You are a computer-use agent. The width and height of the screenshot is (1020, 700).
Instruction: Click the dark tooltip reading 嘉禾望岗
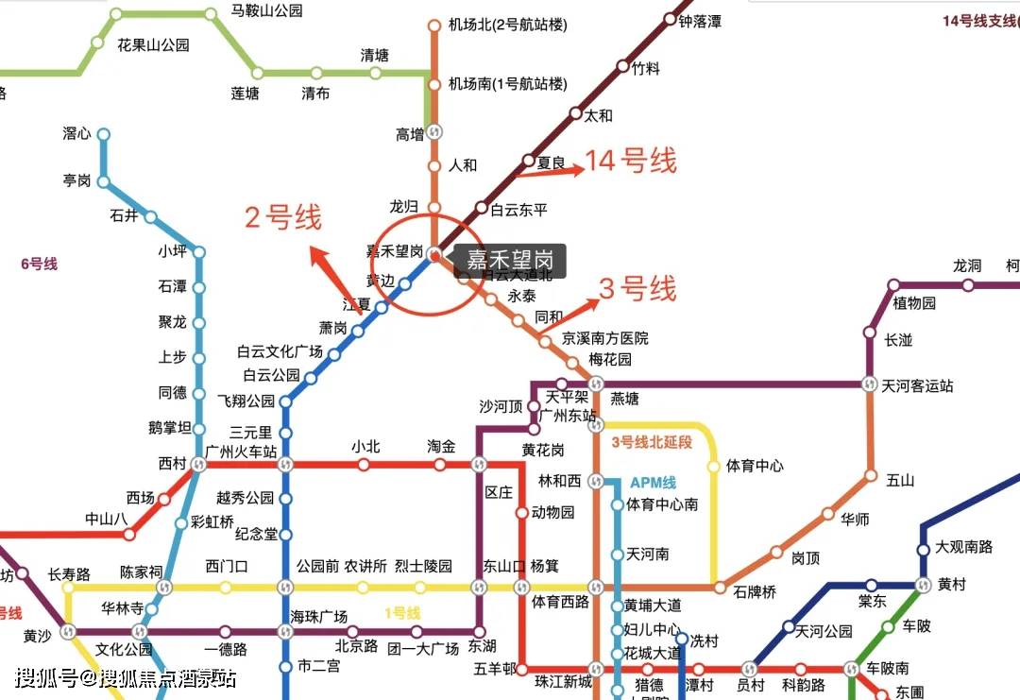pos(511,260)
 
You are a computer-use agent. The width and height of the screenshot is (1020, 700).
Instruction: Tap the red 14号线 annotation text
pos(631,161)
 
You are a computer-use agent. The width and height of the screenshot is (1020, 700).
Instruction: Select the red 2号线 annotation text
pos(283,217)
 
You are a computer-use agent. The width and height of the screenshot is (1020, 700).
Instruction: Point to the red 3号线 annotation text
pos(637,289)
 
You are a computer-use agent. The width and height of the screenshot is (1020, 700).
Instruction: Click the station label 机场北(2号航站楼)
pos(508,26)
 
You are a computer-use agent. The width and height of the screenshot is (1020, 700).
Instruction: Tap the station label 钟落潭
pos(700,21)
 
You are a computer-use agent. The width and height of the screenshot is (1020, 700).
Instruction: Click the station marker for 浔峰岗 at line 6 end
pos(103,134)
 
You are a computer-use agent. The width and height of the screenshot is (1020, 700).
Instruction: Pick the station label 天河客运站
pos(917,385)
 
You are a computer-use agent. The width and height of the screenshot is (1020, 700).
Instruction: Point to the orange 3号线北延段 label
pos(652,442)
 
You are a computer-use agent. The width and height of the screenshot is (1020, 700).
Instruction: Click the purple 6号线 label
pos(39,264)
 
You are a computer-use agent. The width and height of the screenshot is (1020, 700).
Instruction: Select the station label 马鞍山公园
pos(266,11)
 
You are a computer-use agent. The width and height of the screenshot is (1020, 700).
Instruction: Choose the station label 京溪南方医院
pos(605,338)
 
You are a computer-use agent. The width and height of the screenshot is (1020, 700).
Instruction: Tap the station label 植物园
pos(914,303)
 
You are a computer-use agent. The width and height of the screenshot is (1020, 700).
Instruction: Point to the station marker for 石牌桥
pos(720,588)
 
